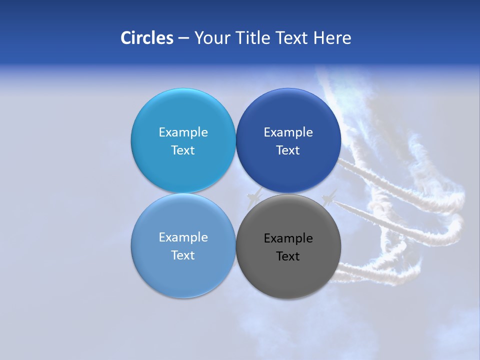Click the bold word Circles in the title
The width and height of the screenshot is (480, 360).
coord(146,38)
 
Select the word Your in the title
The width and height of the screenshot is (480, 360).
coord(211,38)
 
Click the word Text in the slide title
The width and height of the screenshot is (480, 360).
coord(292,38)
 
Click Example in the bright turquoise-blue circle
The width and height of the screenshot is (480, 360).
coord(183,132)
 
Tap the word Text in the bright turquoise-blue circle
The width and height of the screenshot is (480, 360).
coord(183,150)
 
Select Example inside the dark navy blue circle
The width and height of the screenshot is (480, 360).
coord(288,132)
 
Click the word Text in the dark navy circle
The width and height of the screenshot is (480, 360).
coord(288,150)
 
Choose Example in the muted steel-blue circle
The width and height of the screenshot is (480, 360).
coord(183,237)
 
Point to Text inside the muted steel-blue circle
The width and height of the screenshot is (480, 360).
coord(183,255)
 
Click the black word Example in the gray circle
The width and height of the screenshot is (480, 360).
coord(288,238)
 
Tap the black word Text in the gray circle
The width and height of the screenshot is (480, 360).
coord(288,256)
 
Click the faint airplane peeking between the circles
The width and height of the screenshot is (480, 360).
coord(254,197)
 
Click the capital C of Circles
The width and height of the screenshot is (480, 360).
coord(126,38)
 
